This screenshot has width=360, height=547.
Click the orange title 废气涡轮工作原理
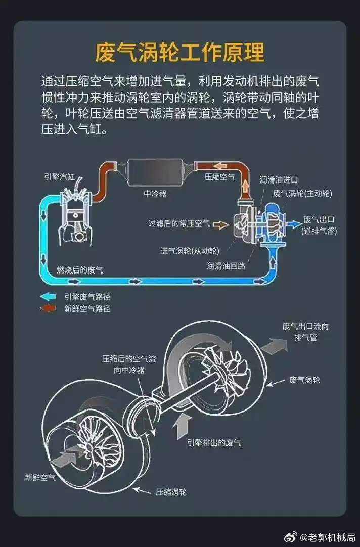click(180, 52)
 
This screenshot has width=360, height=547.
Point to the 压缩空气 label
click(219, 177)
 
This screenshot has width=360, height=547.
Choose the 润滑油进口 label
click(279, 179)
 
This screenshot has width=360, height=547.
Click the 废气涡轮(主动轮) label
click(302, 193)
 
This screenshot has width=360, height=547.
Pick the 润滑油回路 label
click(226, 265)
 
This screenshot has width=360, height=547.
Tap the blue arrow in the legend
click(49, 297)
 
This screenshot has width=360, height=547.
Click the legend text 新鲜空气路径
click(87, 308)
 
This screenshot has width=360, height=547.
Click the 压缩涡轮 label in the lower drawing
click(171, 491)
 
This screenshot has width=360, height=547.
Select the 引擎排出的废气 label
click(214, 443)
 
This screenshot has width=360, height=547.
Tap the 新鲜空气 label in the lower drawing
click(40, 477)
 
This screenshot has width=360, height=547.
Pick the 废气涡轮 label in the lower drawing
click(304, 380)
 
